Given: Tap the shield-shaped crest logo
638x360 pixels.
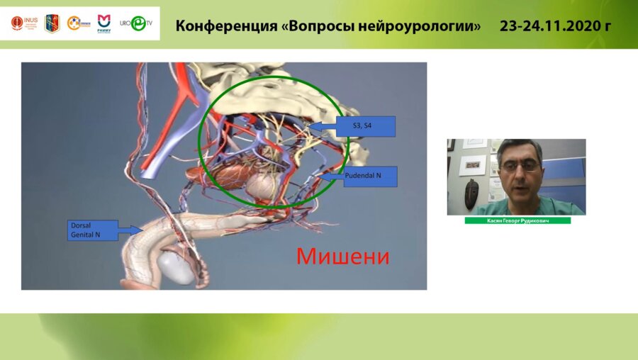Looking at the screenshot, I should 52,23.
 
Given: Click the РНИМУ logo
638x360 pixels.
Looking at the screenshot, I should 103,23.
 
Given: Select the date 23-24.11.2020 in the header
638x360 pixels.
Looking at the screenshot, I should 556,26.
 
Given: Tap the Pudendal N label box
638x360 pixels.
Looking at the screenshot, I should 371,176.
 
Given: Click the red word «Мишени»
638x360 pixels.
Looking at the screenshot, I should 342,256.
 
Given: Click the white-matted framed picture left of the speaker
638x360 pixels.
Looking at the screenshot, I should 473,164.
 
